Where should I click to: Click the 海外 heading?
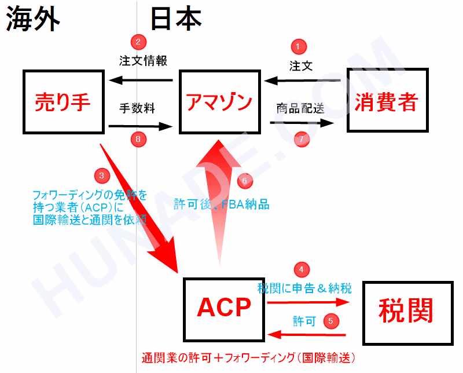pyautogui.click(x=33, y=19)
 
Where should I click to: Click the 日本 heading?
pyautogui.click(x=176, y=19)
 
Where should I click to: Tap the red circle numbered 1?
pyautogui.click(x=299, y=46)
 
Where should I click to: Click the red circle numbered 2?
pyautogui.click(x=138, y=42)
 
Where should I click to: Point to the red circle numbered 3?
pyautogui.click(x=102, y=175)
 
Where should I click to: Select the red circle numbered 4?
pyautogui.click(x=302, y=269)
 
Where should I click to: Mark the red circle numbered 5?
pyautogui.click(x=331, y=321)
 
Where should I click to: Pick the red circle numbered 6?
pyautogui.click(x=245, y=180)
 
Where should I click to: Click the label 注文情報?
pyautogui.click(x=143, y=61)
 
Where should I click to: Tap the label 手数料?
pyautogui.click(x=137, y=108)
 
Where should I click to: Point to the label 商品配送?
pyautogui.click(x=300, y=109)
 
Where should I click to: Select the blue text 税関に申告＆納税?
pyautogui.click(x=304, y=288)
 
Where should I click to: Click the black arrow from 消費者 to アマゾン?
pyautogui.click(x=302, y=81)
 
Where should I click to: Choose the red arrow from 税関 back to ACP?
pyautogui.click(x=306, y=335)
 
